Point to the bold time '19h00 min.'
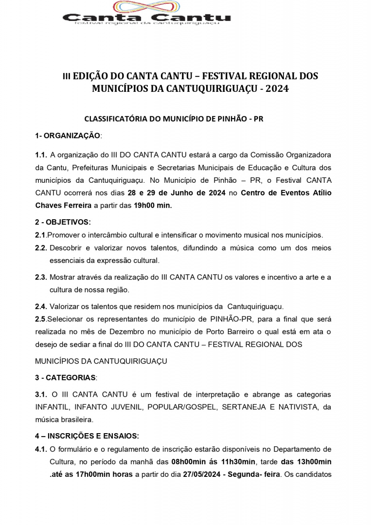(x=153, y=205)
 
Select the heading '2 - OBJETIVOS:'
(x=63, y=222)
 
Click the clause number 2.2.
(x=41, y=248)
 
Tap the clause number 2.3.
(x=41, y=277)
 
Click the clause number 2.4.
(x=41, y=306)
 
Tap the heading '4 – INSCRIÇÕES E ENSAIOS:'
(x=87, y=436)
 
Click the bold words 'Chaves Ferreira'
(x=63, y=205)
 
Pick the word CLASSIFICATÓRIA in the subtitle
(x=117, y=119)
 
